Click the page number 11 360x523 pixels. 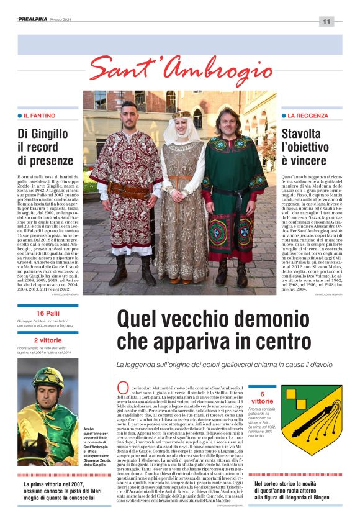[326, 22]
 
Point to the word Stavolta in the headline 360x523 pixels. [302, 133]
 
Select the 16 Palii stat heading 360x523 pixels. [48, 312]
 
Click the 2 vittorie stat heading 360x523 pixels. [48, 340]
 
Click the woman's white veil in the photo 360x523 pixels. [179, 131]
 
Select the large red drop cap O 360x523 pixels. [122, 389]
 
